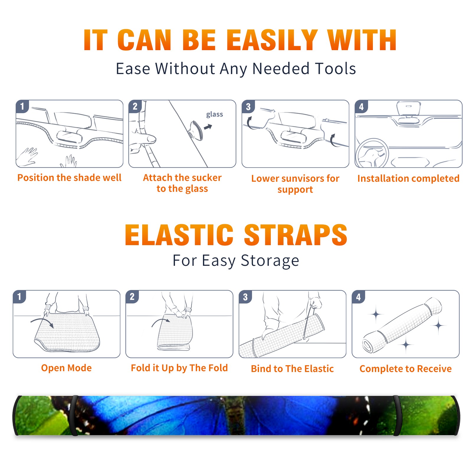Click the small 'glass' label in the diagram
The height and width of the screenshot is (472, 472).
point(214,114)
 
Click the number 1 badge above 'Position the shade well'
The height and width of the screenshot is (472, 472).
point(22,106)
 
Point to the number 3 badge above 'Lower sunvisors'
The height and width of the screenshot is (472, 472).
point(248,106)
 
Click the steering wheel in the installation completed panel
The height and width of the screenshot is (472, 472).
point(372,153)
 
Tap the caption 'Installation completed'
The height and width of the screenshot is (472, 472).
point(408,178)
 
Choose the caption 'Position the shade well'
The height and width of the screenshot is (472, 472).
point(69,178)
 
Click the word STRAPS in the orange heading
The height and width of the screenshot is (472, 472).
point(296,235)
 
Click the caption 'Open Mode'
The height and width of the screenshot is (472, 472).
point(66,368)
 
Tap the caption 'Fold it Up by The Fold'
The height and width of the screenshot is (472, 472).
point(179,368)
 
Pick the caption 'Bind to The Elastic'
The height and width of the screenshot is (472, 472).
point(292,368)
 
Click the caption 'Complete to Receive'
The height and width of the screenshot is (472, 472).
point(406,368)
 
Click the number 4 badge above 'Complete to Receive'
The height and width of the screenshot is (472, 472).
point(358,297)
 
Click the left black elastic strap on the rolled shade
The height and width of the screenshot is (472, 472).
point(74,415)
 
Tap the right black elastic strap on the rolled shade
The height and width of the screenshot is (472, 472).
point(397,415)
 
